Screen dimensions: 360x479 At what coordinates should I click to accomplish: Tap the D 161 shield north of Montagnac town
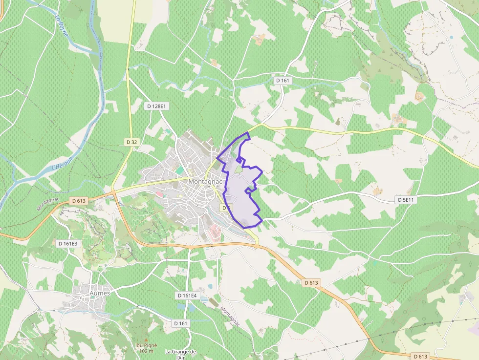pyautogui.click(x=283, y=80)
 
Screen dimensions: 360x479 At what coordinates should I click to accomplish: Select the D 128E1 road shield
pyautogui.click(x=156, y=106)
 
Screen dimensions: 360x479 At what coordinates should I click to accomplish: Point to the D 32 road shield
pyautogui.click(x=131, y=142)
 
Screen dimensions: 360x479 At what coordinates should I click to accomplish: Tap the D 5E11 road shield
pyautogui.click(x=405, y=200)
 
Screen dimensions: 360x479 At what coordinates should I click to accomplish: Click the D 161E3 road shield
pyautogui.click(x=67, y=243)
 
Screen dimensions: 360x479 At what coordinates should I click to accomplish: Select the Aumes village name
pyautogui.click(x=100, y=293)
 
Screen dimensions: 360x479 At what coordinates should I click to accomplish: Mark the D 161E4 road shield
pyautogui.click(x=187, y=296)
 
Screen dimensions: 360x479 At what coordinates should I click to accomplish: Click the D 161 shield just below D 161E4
pyautogui.click(x=180, y=323)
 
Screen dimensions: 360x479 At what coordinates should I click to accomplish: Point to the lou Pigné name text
pyautogui.click(x=145, y=345)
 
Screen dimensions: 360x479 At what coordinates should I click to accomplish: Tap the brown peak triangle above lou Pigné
pyautogui.click(x=145, y=340)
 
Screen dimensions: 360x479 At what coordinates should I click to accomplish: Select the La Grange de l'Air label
pyautogui.click(x=180, y=354)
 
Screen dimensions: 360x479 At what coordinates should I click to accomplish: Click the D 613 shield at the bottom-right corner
pyautogui.click(x=420, y=356)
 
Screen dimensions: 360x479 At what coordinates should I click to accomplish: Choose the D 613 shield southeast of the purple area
pyautogui.click(x=311, y=282)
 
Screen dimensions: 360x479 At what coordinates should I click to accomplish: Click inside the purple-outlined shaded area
pyautogui.click(x=242, y=195)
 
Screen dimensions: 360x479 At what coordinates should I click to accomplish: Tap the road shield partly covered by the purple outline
pyautogui.click(x=226, y=208)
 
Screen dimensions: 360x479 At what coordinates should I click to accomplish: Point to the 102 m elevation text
pyautogui.click(x=145, y=351)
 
